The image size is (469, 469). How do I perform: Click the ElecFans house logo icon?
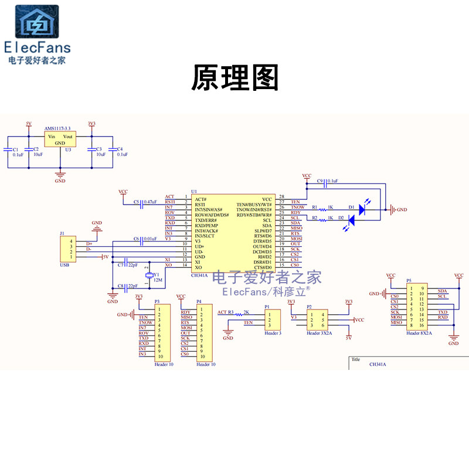pos(36,22)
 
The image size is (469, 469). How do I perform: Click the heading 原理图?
pos(235,78)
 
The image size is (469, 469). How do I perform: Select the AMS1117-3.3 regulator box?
pos(60,140)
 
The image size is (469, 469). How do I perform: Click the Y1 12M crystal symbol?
pos(149,276)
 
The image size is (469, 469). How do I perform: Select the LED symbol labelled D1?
pos(362,207)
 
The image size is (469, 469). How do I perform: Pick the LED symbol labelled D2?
pos(352,220)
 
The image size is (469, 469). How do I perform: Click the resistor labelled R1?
pos(321,208)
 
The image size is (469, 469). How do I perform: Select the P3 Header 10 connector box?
pos(162,332)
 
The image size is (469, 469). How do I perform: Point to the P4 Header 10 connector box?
pos(203,332)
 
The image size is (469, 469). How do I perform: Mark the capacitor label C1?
pos(16,149)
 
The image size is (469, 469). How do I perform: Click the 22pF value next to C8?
pos(132,286)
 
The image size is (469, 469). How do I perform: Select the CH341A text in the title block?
pos(377,365)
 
